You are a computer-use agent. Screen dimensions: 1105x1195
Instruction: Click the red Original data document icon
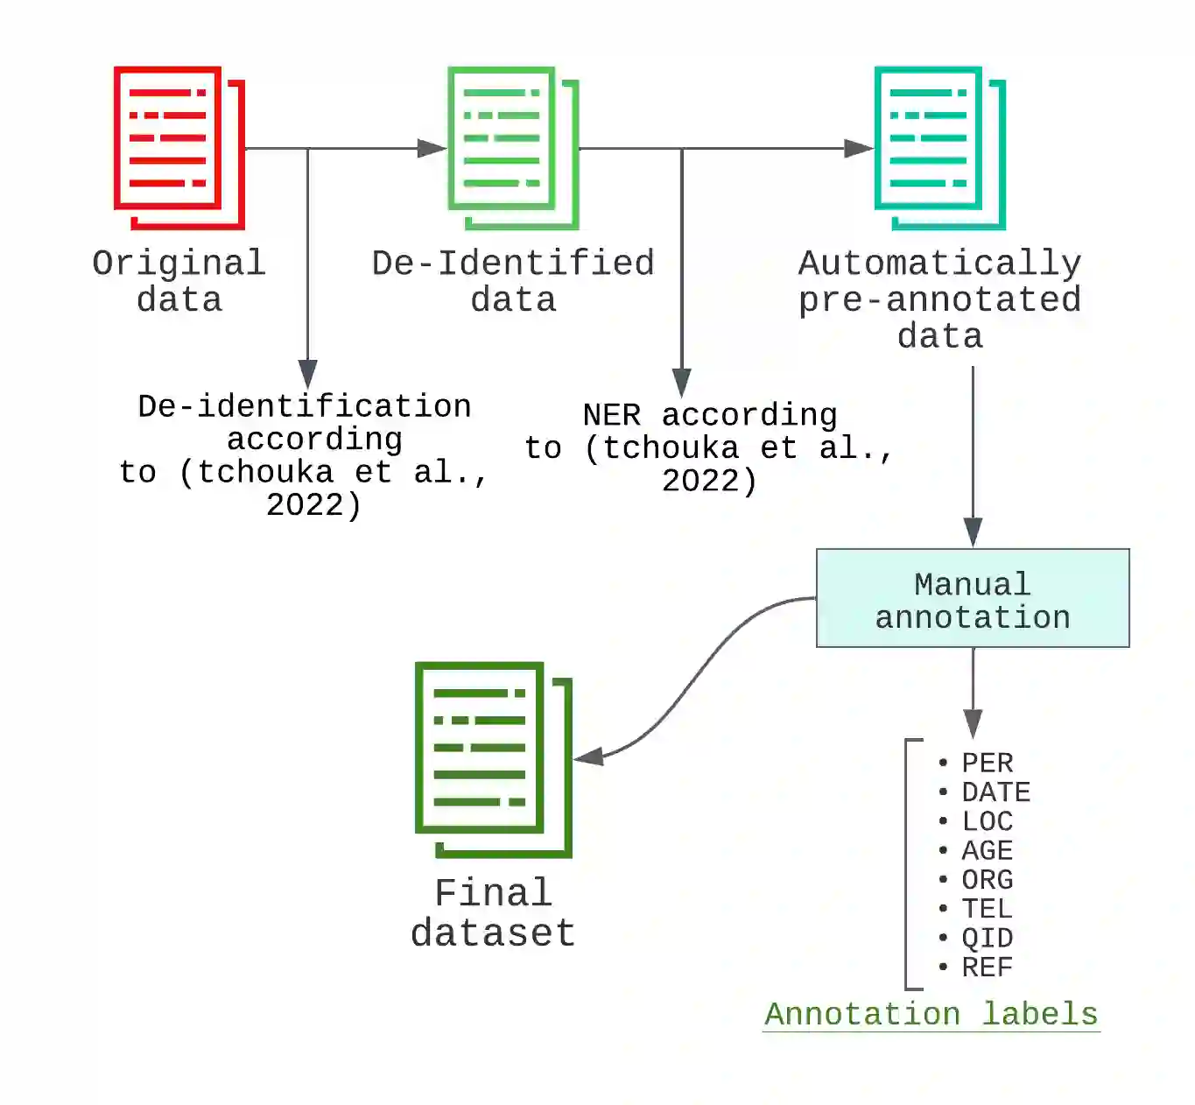[x=179, y=147]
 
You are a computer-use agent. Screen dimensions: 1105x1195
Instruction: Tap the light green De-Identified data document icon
[x=513, y=147]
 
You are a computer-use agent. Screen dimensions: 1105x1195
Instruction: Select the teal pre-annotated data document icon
[x=939, y=147]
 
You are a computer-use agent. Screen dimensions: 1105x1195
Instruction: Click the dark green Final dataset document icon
[x=493, y=758]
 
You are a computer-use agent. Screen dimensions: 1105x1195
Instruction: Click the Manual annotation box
[x=973, y=599]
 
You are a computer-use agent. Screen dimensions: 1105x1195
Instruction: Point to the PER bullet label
[x=987, y=764]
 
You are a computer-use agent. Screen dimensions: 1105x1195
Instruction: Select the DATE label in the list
[x=995, y=792]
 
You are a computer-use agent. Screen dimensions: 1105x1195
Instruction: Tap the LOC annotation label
[x=987, y=821]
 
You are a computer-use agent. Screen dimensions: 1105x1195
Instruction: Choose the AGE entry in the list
[x=987, y=850]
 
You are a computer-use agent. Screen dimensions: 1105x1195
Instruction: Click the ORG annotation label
[x=987, y=879]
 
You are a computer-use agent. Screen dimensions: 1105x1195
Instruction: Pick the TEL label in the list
[x=987, y=909]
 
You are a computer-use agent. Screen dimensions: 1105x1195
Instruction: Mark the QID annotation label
[x=987, y=938]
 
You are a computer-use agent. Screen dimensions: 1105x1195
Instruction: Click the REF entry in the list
[x=987, y=968]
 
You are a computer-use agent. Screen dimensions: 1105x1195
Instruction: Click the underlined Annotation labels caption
[x=931, y=1014]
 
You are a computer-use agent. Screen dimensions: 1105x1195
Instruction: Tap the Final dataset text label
[x=493, y=913]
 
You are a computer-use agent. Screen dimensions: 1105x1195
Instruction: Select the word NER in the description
[x=612, y=415]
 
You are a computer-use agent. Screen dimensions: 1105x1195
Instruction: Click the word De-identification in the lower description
[x=305, y=406]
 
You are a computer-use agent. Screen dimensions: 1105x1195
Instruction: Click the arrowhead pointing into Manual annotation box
[x=973, y=532]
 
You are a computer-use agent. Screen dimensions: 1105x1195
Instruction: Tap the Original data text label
[x=179, y=281]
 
